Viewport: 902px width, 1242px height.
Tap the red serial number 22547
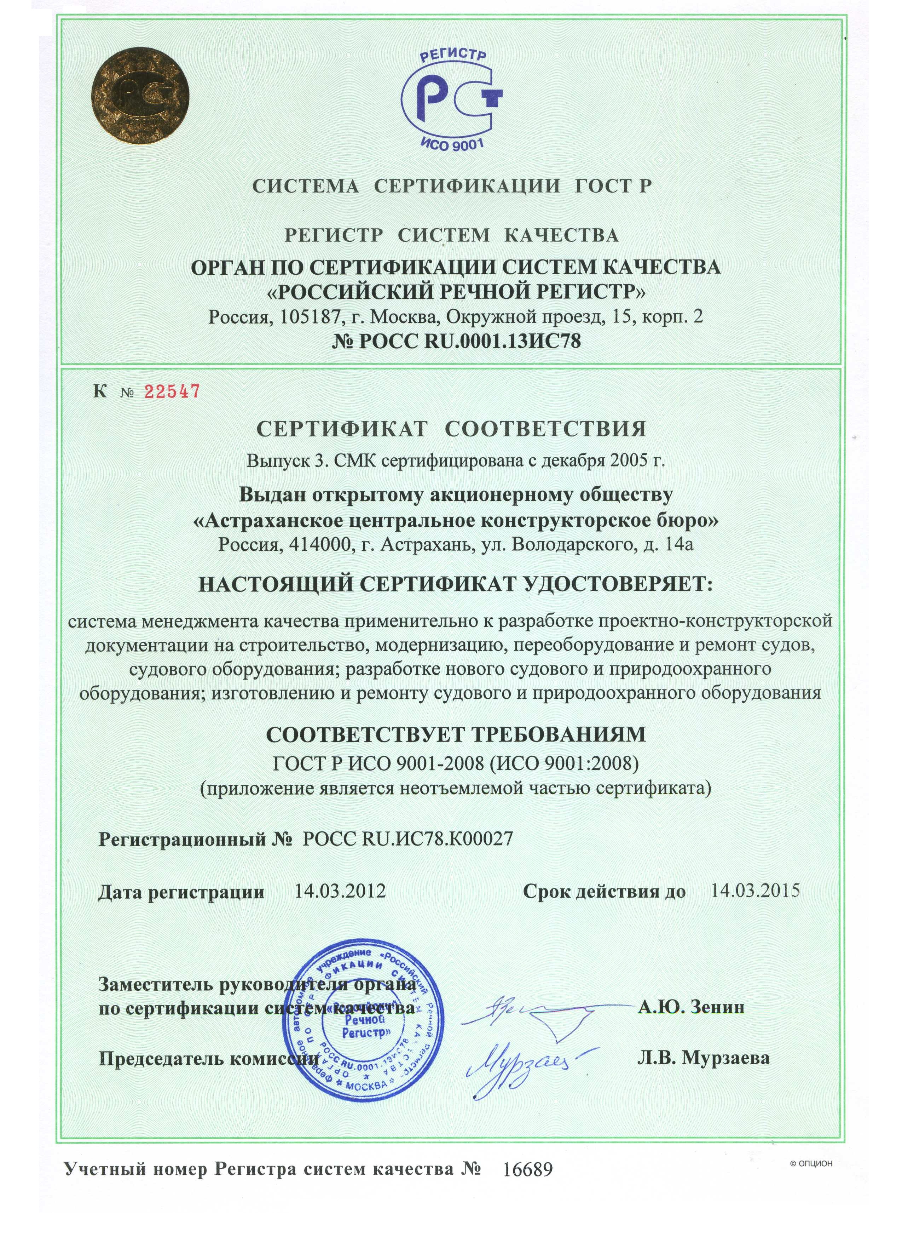[171, 391]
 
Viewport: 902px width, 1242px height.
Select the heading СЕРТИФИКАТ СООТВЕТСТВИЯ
[452, 429]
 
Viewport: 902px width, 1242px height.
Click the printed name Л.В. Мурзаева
[703, 1059]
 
